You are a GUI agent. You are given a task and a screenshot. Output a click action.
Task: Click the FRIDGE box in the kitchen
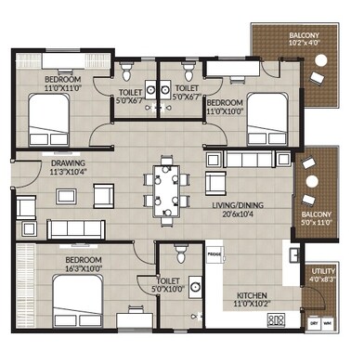pyautogui.click(x=214, y=253)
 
